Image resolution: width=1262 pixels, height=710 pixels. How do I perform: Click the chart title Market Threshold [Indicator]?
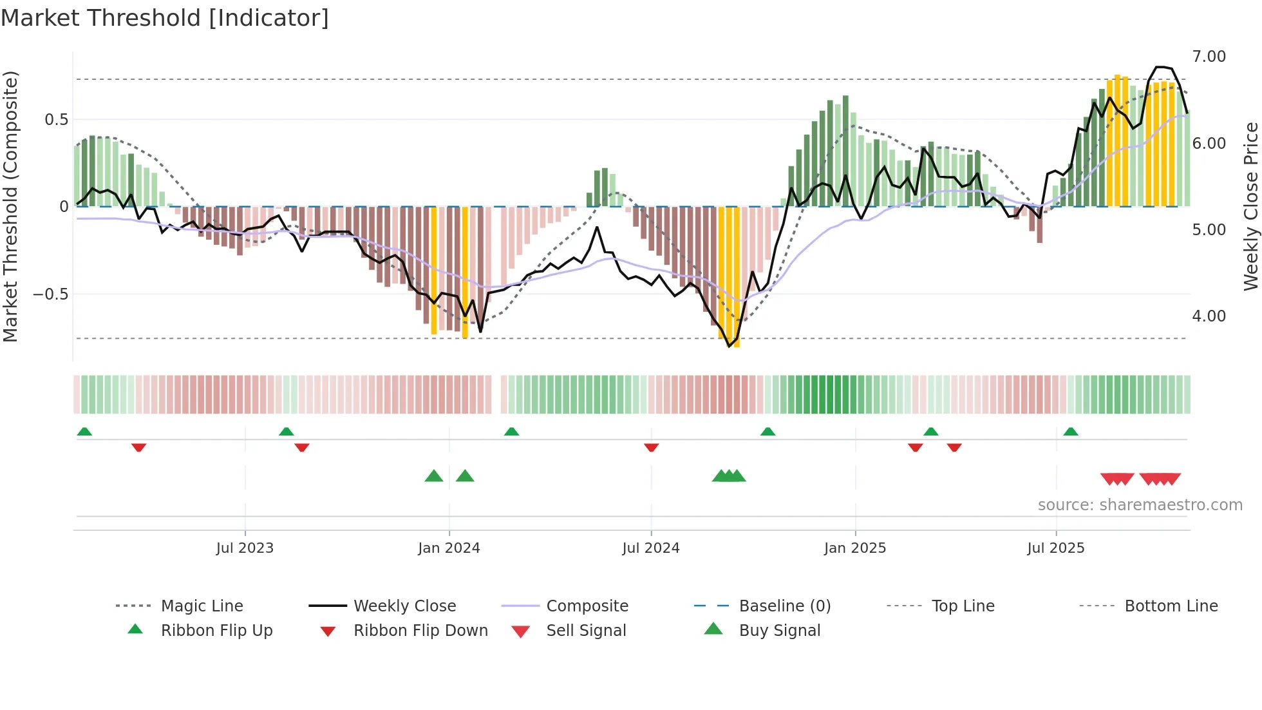point(165,18)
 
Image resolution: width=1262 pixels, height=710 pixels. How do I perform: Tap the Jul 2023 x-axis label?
point(245,548)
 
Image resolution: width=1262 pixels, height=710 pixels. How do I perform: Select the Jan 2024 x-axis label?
point(449,548)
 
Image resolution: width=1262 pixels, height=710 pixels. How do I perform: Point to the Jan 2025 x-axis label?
point(855,548)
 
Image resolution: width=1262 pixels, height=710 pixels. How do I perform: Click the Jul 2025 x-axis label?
point(1056,548)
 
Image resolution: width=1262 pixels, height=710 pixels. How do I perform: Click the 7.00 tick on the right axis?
point(1209,57)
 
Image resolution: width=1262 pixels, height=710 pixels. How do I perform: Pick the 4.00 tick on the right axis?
point(1209,316)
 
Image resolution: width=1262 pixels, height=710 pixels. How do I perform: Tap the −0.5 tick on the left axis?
point(50,294)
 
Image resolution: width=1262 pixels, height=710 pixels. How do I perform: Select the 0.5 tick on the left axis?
point(56,120)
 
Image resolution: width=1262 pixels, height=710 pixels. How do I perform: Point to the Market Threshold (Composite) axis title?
point(10,206)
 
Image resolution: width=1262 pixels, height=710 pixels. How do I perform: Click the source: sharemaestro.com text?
point(1140,505)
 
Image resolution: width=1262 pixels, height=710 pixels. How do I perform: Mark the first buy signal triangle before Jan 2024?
point(434,477)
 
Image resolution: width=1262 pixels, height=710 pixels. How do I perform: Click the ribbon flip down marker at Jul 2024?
point(651,447)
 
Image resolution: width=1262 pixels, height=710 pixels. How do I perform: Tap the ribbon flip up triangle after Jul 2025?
point(1071,432)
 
